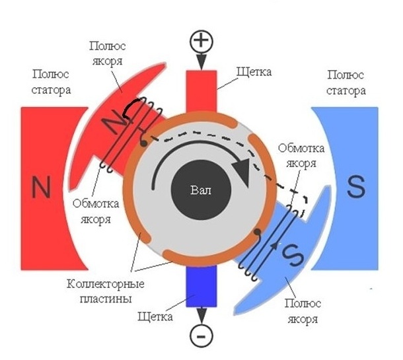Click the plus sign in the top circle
pos(202,42)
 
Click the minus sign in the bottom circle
pos(201,336)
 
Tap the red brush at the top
pos(201,92)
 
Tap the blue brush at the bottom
pos(201,287)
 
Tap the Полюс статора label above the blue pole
pos(346,83)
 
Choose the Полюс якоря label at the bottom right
pos(304,311)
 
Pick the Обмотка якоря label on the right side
pos(298,155)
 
